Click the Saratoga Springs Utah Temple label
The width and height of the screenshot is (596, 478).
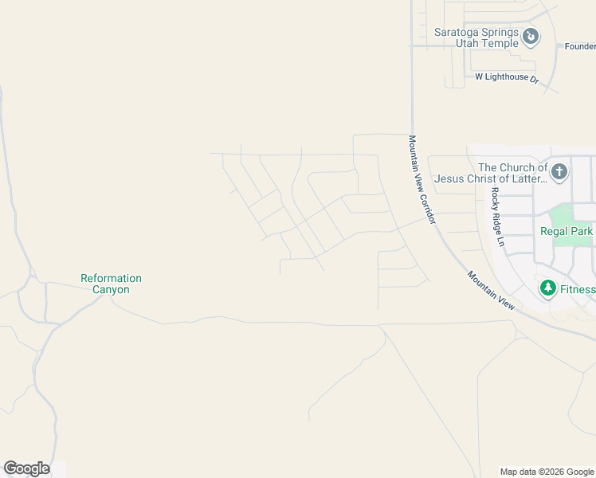[476, 37]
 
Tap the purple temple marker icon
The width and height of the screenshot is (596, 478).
[531, 37]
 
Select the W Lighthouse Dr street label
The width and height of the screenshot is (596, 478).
[507, 77]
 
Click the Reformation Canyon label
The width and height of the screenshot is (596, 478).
[111, 284]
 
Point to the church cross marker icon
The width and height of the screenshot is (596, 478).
[559, 171]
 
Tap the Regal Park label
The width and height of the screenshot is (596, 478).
[567, 231]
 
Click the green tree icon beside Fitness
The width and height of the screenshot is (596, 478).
[547, 288]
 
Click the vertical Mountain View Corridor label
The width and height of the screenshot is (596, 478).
[422, 179]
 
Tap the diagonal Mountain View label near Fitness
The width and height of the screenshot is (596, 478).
[492, 290]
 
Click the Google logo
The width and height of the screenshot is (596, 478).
[26, 468]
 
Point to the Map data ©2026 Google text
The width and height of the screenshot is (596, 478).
[547, 472]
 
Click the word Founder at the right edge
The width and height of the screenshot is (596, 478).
[580, 46]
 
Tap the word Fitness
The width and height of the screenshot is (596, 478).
[577, 289]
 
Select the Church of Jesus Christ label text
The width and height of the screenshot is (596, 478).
[512, 173]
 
